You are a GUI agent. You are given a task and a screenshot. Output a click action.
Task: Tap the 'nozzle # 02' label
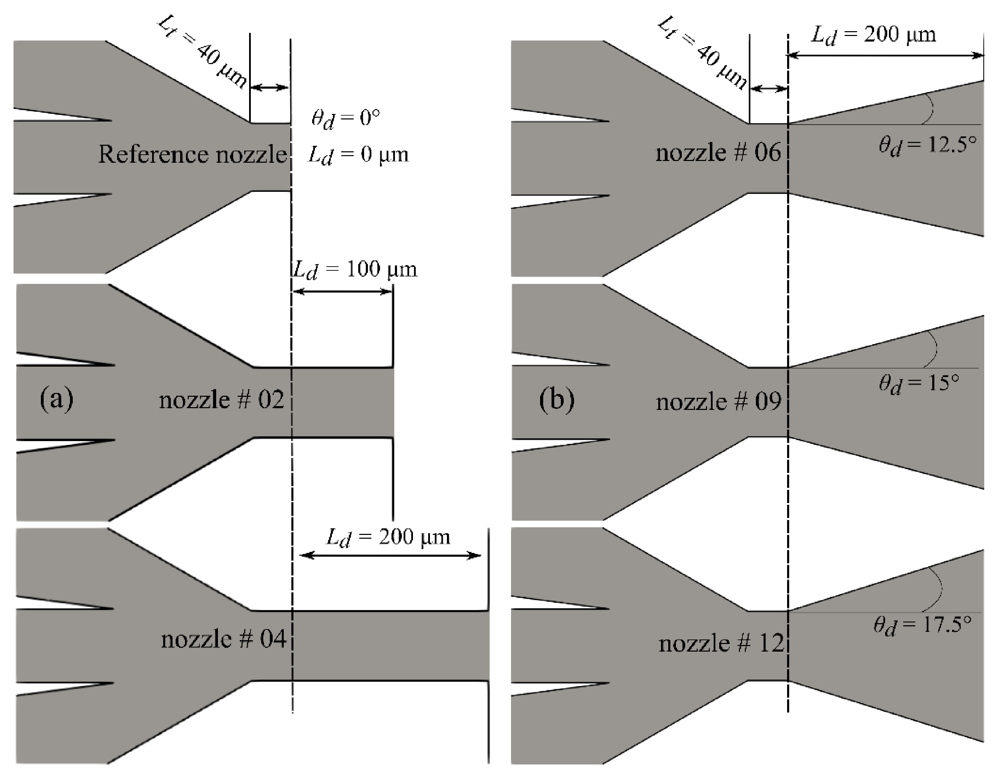point(221,400)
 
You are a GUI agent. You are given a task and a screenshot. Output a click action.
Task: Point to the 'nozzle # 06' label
point(718,152)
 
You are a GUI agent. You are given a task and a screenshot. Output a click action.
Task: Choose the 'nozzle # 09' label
point(719,401)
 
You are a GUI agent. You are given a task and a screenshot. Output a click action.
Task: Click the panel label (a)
point(56,399)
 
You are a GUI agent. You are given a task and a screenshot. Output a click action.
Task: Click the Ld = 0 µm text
point(358,155)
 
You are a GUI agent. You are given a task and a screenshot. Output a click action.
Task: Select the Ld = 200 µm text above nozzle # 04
point(388,537)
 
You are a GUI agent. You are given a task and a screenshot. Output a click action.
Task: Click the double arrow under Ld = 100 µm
point(342,291)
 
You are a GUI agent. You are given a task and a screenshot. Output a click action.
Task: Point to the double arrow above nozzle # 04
point(390,555)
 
